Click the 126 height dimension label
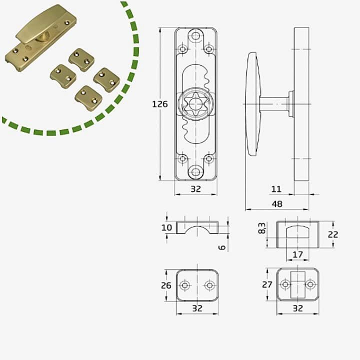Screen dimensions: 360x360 (160, 104)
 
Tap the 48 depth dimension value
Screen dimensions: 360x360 (277, 204)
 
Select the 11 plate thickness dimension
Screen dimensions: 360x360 (276, 189)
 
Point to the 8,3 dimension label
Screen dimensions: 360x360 (262, 228)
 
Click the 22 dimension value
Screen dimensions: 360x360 (332, 234)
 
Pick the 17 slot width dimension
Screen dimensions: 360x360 (297, 254)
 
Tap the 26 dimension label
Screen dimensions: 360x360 (166, 285)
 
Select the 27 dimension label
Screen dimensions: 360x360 (267, 284)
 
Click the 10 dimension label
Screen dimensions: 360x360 (166, 228)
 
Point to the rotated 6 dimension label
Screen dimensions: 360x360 (222, 247)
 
